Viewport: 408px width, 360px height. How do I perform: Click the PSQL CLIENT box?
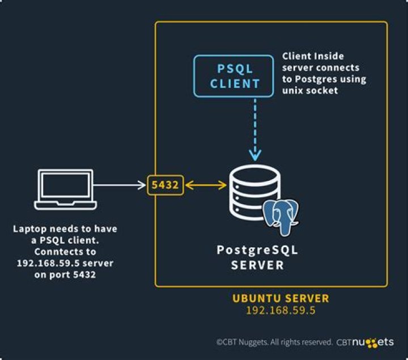(x=235, y=76)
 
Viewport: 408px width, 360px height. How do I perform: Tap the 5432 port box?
(x=165, y=185)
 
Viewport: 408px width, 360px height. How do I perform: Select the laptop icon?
(x=65, y=189)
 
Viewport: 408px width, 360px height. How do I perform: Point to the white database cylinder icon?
(x=254, y=191)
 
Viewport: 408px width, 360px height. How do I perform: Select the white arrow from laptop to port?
(x=119, y=185)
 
